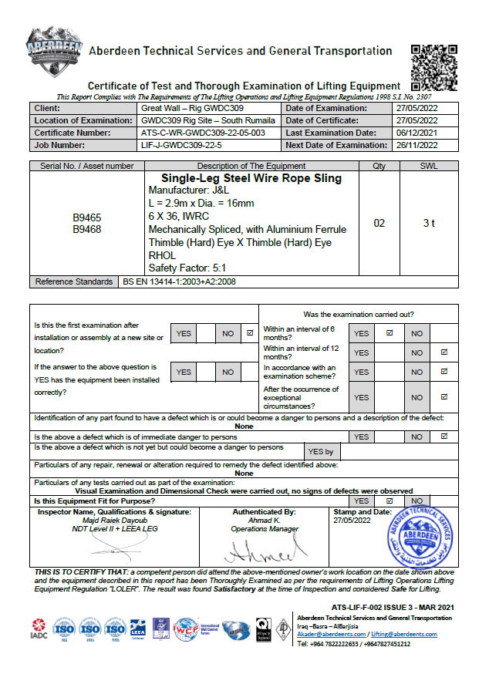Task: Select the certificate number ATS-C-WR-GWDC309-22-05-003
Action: click(204, 133)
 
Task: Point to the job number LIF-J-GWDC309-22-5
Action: click(182, 145)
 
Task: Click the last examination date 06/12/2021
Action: click(416, 133)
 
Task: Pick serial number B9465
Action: click(87, 218)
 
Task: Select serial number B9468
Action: click(87, 229)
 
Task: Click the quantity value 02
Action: click(379, 224)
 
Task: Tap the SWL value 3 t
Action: click(429, 224)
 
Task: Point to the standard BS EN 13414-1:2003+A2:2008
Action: click(179, 282)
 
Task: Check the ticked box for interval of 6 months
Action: click(390, 333)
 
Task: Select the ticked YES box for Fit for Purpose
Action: click(390, 501)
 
